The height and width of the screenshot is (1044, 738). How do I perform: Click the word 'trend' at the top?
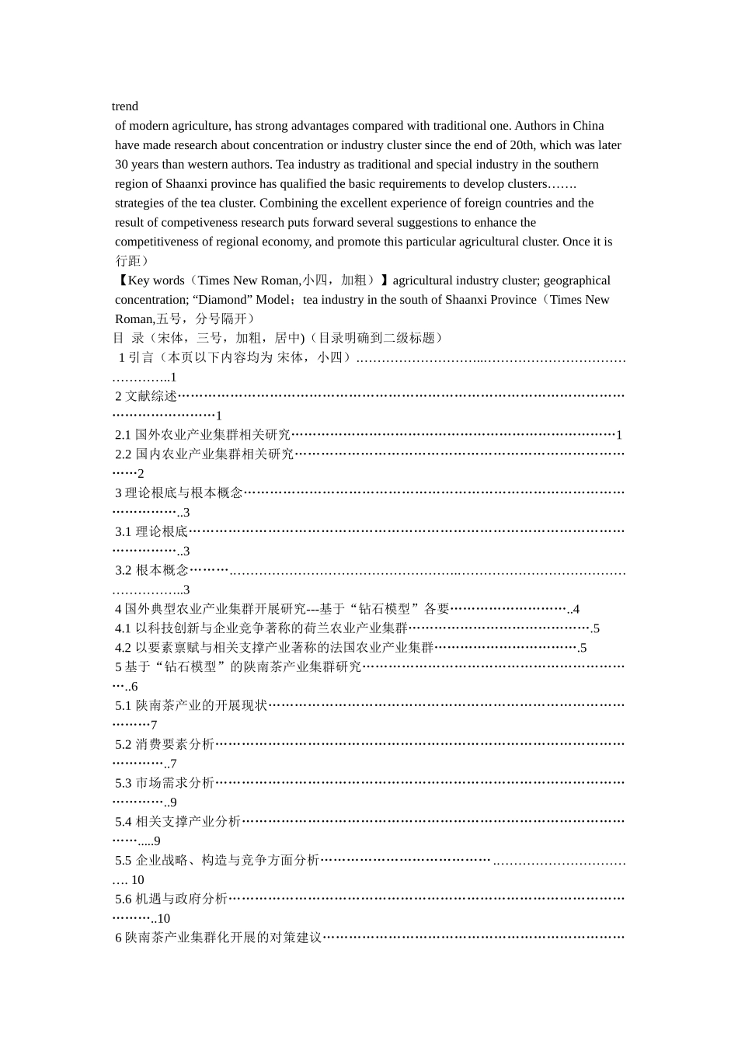125,106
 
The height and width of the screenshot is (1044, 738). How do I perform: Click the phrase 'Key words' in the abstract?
156,280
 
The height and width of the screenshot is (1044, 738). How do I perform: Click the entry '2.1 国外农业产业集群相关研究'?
203,435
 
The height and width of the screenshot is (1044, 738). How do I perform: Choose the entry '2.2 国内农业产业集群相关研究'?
204,454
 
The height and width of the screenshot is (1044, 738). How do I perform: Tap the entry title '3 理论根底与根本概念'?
179,493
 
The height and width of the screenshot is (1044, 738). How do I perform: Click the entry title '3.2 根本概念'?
152,570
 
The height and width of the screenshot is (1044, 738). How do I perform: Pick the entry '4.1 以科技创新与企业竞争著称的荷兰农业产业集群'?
261,628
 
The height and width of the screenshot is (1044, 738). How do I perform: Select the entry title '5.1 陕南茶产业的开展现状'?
191,705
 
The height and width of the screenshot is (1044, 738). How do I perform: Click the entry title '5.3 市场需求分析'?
165,783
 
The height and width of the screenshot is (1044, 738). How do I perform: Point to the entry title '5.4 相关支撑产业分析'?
178,822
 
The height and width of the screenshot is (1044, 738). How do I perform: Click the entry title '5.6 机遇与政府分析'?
171,899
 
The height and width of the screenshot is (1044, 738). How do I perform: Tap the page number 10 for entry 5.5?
138,880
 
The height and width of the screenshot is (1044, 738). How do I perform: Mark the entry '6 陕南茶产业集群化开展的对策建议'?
218,938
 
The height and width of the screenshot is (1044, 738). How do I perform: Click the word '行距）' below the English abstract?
132,261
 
